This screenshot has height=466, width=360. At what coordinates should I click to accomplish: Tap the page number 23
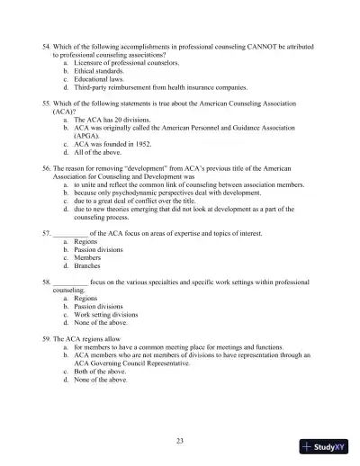(x=180, y=440)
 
